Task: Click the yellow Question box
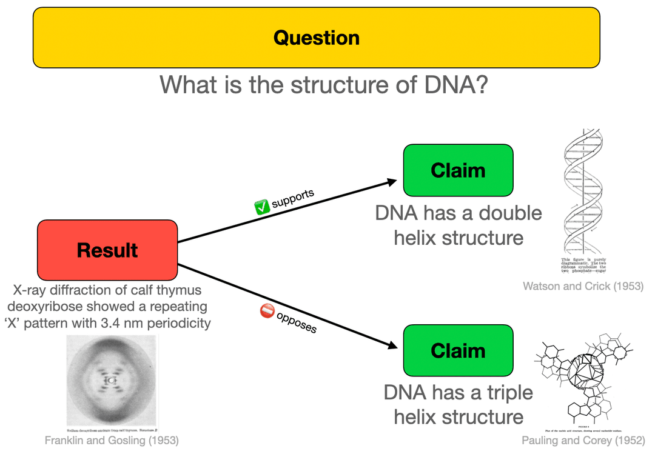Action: tap(316, 38)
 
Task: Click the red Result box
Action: tap(107, 250)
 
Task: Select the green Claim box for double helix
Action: tap(458, 170)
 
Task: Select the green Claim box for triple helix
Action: tap(458, 350)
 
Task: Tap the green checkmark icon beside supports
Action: tap(261, 207)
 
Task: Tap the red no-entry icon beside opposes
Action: tap(267, 311)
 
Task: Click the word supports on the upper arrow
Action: tap(293, 198)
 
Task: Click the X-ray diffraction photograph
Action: tap(111, 380)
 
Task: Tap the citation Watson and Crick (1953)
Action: tap(583, 285)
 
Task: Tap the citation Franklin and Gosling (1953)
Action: tap(112, 441)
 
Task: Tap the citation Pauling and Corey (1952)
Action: tap(582, 441)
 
